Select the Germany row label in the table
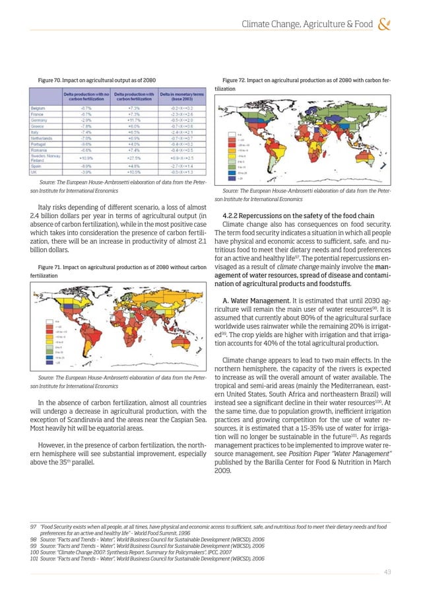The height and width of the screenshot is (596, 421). pyautogui.click(x=38, y=121)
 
